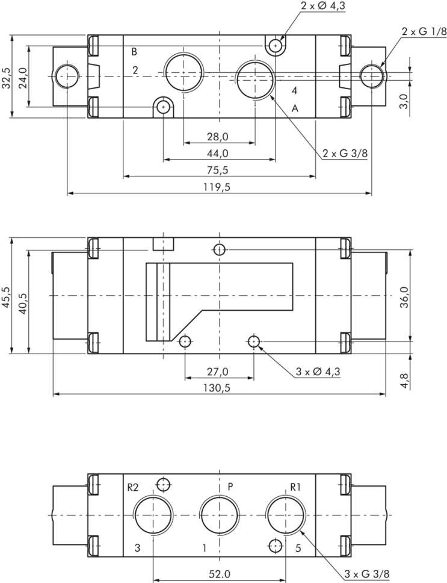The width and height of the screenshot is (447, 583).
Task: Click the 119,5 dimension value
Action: [x=217, y=187]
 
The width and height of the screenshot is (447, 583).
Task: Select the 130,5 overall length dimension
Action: [x=217, y=388]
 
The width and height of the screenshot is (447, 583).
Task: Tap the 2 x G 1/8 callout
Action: [x=424, y=31]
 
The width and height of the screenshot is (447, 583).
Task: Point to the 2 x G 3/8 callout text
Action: [x=345, y=153]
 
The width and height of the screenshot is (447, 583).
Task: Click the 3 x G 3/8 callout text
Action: [x=367, y=574]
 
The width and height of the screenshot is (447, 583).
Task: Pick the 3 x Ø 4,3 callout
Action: [x=318, y=372]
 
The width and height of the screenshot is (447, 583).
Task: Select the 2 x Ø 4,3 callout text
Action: [x=323, y=6]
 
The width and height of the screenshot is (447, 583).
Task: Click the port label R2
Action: [x=133, y=487]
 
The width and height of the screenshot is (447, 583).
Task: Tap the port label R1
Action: [x=295, y=487]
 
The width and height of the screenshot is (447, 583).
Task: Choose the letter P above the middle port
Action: [x=230, y=486]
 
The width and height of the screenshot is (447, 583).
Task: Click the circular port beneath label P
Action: [x=220, y=515]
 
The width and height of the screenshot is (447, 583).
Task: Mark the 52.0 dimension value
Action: [x=220, y=574]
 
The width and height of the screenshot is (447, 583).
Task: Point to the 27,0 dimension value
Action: [x=218, y=372]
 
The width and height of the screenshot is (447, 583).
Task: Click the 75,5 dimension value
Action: [x=218, y=170]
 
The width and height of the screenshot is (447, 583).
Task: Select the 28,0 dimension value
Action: [x=218, y=137]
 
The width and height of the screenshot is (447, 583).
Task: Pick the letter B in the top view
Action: [x=134, y=52]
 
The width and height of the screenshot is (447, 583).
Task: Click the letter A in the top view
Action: [x=295, y=108]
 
